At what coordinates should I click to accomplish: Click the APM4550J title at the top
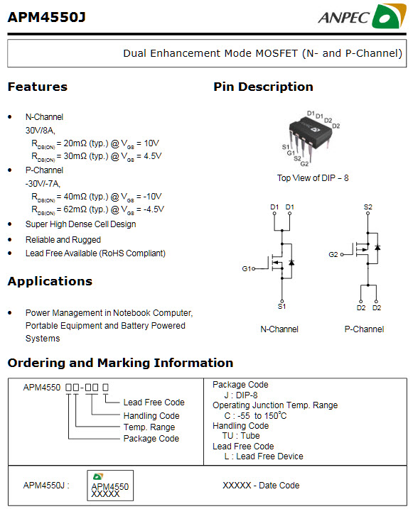coord(46,17)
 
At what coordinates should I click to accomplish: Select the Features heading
coord(37,87)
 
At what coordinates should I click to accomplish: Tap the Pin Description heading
coord(263,87)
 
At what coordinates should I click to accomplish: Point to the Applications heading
coord(50,281)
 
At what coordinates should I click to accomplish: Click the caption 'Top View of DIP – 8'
coord(313,177)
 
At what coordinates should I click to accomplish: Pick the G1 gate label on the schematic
coord(247,269)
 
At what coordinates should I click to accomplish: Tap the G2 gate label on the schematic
coord(333,254)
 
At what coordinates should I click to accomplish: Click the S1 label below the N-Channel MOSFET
coord(281,306)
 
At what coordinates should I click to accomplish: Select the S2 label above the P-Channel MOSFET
coord(368,207)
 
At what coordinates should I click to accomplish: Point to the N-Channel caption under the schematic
coord(279,329)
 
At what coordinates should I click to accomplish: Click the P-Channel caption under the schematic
coord(364,329)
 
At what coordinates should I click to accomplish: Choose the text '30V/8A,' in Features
coord(41,130)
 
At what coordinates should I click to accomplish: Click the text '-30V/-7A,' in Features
coord(43,183)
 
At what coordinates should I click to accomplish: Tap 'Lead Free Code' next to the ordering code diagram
coord(154,403)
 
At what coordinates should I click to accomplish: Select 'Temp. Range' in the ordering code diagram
coord(149,427)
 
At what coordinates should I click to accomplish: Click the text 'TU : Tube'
coord(242,436)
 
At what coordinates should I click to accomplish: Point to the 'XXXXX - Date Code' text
coord(261,486)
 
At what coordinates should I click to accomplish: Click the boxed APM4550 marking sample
coord(110,487)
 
